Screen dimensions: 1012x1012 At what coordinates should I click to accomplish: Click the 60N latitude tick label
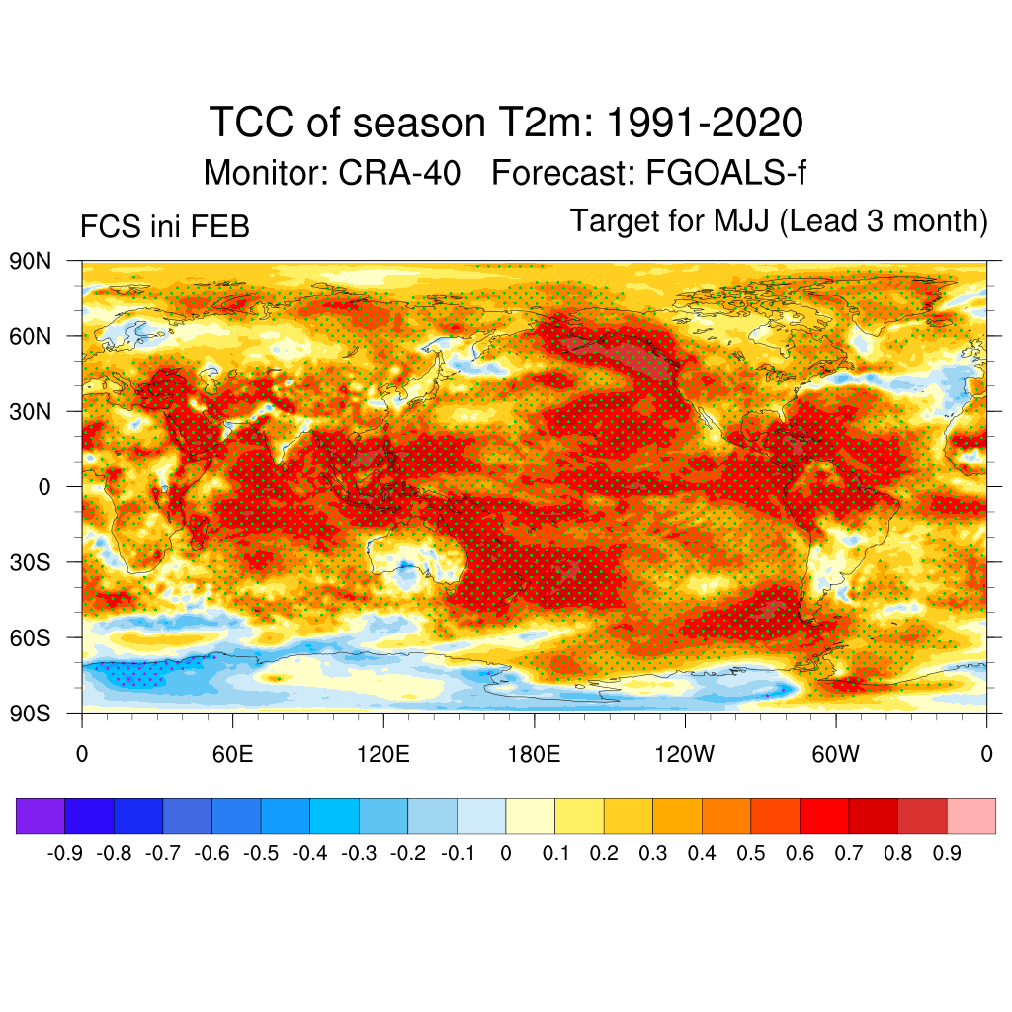[29, 336]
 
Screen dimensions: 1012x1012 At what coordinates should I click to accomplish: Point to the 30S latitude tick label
[29, 562]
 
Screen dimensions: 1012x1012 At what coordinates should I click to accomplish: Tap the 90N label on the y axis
[29, 261]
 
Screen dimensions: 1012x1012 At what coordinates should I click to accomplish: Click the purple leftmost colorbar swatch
[41, 816]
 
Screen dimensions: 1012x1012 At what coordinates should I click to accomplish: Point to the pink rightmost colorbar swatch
[970, 816]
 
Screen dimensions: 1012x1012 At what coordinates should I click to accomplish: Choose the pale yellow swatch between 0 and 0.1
[530, 816]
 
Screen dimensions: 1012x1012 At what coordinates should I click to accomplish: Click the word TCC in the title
[247, 125]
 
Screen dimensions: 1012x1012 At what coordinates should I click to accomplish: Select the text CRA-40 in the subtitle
[400, 174]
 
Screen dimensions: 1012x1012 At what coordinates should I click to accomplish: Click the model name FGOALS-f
[725, 174]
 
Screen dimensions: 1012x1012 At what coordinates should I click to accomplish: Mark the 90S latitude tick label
[29, 714]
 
